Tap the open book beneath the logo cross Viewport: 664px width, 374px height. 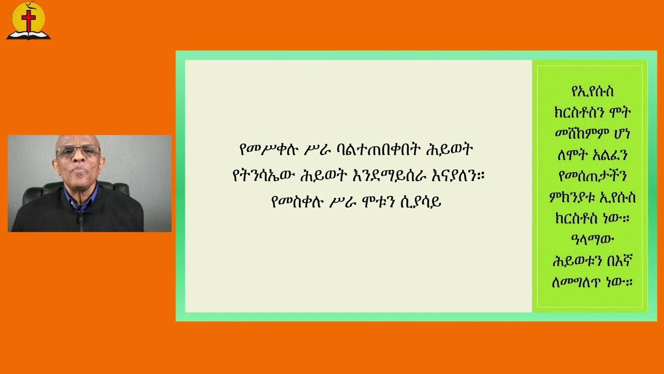(29, 35)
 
